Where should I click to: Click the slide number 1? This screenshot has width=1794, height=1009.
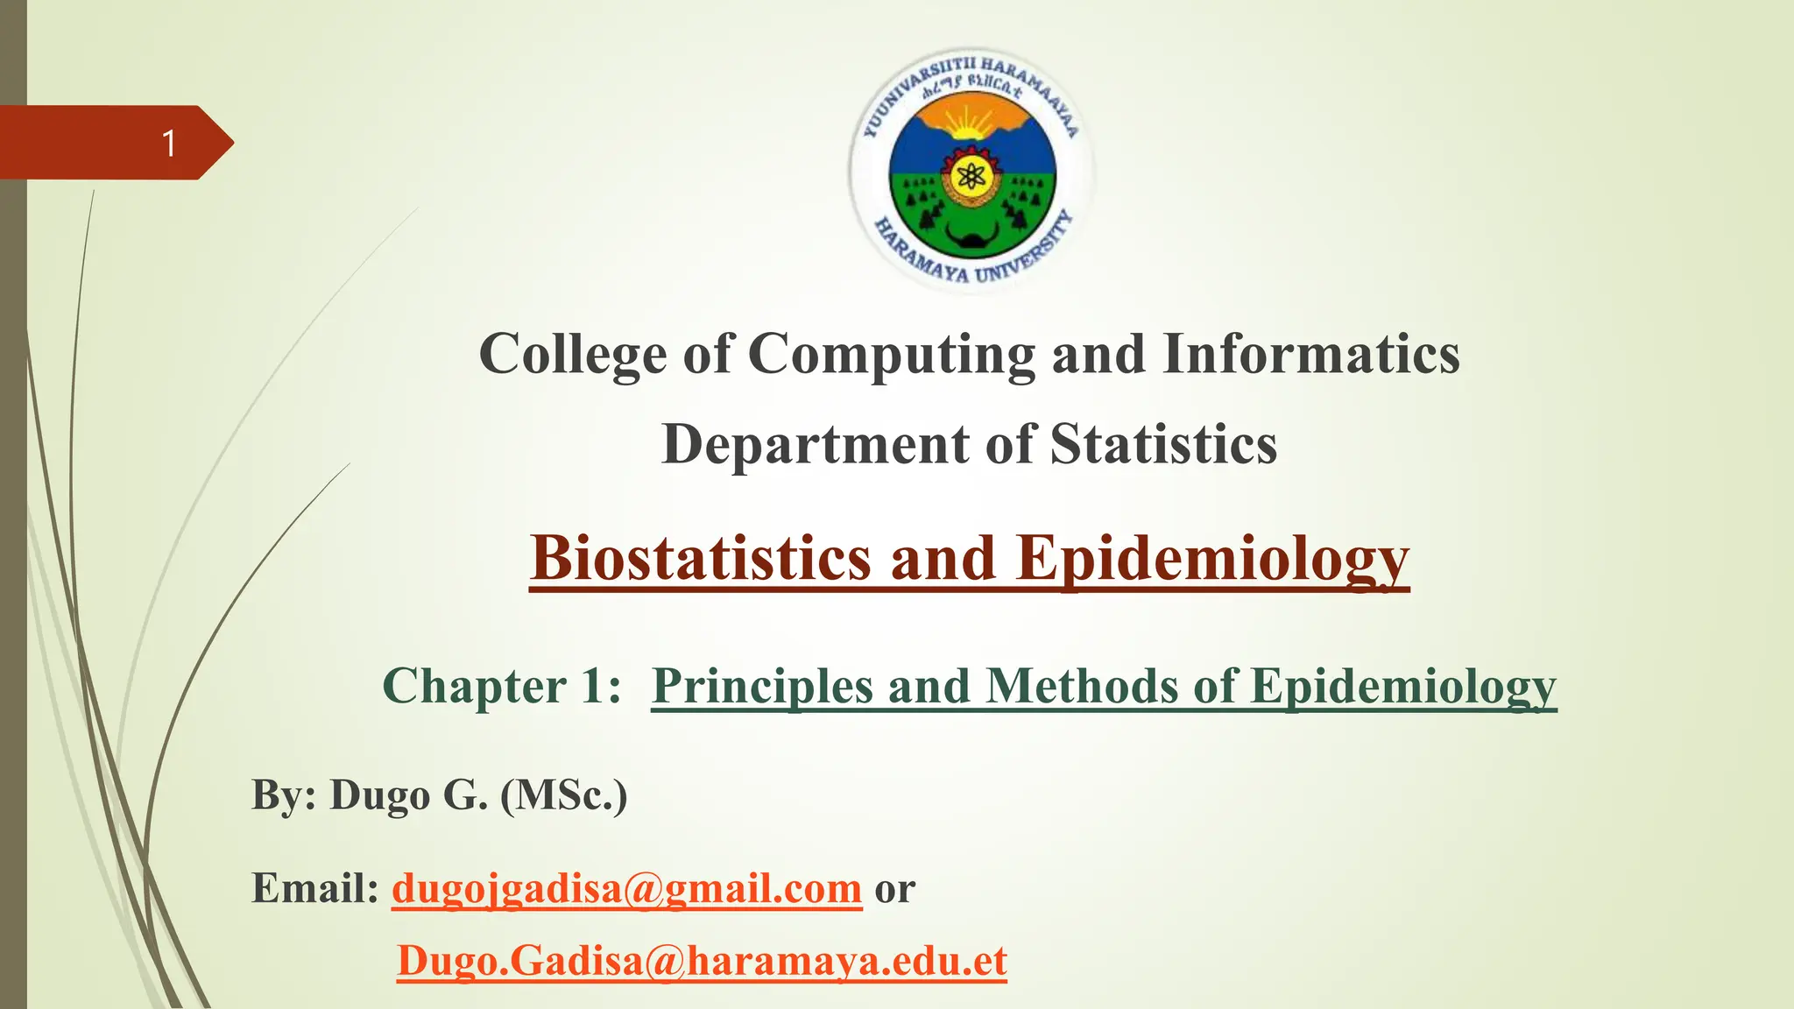pyautogui.click(x=170, y=143)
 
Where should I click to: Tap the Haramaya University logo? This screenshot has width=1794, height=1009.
pyautogui.click(x=971, y=170)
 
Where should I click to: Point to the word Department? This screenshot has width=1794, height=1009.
pyautogui.click(x=816, y=445)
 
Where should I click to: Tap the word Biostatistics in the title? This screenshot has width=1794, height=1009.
pyautogui.click(x=701, y=559)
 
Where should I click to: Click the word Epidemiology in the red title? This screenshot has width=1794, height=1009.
pyautogui.click(x=1212, y=559)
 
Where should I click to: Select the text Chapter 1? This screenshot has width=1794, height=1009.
pyautogui.click(x=502, y=686)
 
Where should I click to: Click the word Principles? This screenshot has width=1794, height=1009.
pyautogui.click(x=763, y=686)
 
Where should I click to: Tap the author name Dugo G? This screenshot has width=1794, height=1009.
pyautogui.click(x=407, y=795)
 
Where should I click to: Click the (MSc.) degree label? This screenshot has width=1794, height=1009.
pyautogui.click(x=563, y=795)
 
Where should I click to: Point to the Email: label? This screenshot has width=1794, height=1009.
pyautogui.click(x=314, y=888)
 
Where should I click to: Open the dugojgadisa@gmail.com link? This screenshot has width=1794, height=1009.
pyautogui.click(x=626, y=888)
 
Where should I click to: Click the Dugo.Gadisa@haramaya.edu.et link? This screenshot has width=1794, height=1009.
pyautogui.click(x=702, y=961)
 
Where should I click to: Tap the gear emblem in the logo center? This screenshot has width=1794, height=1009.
pyautogui.click(x=970, y=179)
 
